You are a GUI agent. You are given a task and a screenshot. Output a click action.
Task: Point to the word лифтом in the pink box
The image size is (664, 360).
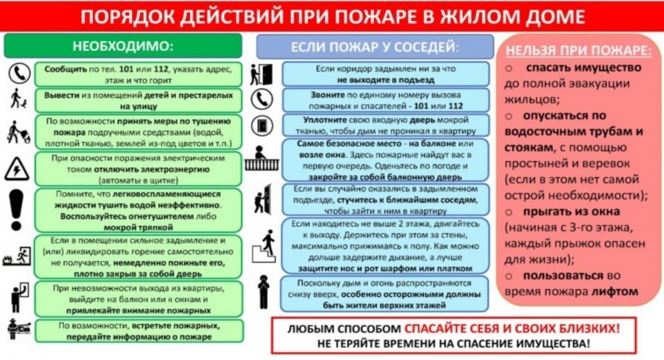(x=614, y=291)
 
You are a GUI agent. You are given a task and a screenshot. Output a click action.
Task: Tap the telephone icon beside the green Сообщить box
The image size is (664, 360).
(x=17, y=72)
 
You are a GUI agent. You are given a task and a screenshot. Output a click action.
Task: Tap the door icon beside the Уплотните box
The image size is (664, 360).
(x=261, y=125)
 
